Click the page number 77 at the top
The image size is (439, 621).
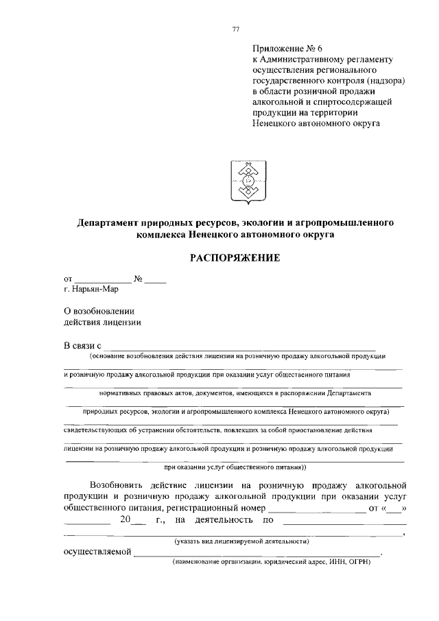click(235, 28)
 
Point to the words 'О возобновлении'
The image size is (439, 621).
click(99, 311)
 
